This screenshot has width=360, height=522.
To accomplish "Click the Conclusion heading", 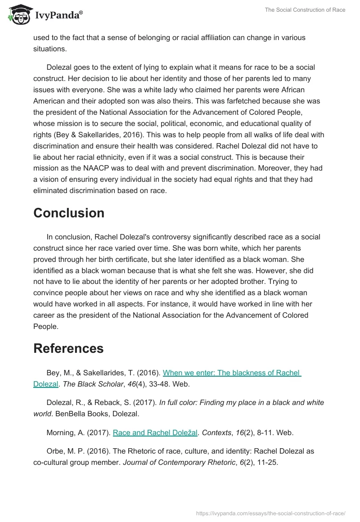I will point(69,213).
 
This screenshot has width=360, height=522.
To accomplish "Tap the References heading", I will point(68,348).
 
